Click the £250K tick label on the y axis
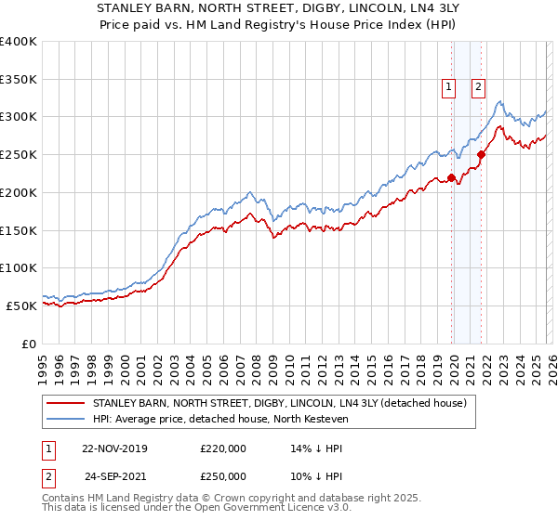[19, 155]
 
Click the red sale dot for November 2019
[451, 177]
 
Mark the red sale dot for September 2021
[481, 155]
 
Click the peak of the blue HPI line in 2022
[500, 101]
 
